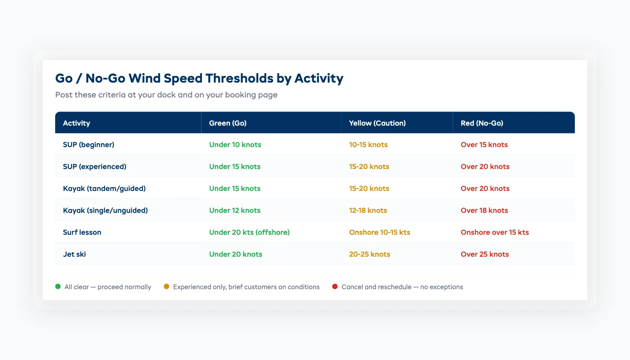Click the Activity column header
[77, 123]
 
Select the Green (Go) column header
[228, 123]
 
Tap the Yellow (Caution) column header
[377, 123]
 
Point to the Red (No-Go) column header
[482, 123]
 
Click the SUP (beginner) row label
[88, 145]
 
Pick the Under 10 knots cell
[235, 145]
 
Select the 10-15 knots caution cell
[368, 145]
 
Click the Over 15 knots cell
[484, 145]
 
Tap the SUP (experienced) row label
[94, 167]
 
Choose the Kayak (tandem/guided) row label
[104, 189]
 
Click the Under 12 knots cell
[234, 211]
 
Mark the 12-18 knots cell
[368, 211]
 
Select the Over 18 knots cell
[484, 211]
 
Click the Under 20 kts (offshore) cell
[249, 232]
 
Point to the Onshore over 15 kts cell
[495, 232]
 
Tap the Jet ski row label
[74, 254]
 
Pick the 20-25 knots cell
[369, 254]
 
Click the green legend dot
[58, 286]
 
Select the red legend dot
[335, 286]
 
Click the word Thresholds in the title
[239, 78]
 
